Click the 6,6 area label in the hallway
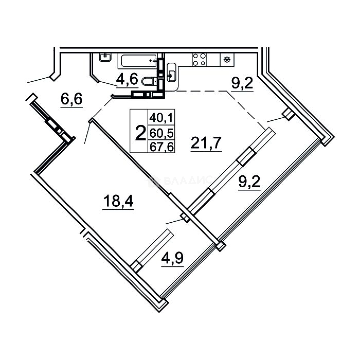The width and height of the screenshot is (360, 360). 71,99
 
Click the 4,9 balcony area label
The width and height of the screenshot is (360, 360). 172,258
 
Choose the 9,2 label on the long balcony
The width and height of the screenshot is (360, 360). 249,182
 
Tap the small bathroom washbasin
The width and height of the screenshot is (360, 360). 105,56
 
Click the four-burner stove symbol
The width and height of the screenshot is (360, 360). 199,60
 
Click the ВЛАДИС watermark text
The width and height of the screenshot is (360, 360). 188,181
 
